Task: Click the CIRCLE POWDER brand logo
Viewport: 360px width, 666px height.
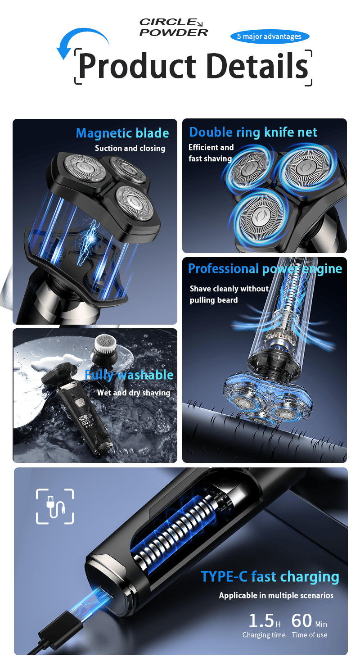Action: pyautogui.click(x=174, y=27)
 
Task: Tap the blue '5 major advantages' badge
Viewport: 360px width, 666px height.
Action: pyautogui.click(x=270, y=36)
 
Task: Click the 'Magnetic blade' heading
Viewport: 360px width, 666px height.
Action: pyautogui.click(x=122, y=133)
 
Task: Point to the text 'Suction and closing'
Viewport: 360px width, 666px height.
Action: pyautogui.click(x=130, y=148)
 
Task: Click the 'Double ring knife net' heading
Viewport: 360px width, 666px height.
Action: pyautogui.click(x=253, y=132)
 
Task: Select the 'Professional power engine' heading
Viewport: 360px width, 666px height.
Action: pyautogui.click(x=265, y=269)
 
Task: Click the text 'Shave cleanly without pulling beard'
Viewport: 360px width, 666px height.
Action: pyautogui.click(x=229, y=294)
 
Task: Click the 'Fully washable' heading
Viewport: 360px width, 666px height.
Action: pyautogui.click(x=129, y=375)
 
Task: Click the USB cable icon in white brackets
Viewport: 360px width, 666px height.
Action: pyautogui.click(x=55, y=506)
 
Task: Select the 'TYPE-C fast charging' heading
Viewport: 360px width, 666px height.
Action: pyautogui.click(x=270, y=576)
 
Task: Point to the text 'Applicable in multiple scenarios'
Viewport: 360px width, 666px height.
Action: pyautogui.click(x=276, y=595)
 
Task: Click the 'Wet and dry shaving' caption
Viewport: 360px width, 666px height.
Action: pyautogui.click(x=134, y=393)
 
